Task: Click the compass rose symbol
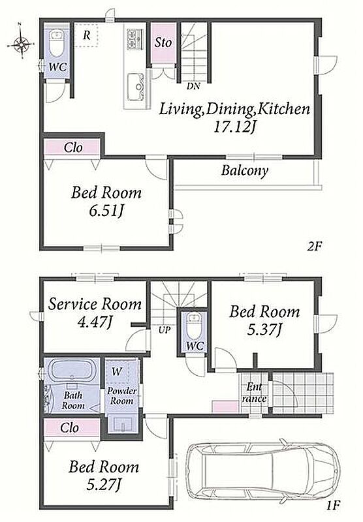click(21, 43)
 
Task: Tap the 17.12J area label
click(234, 127)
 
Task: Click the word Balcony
click(245, 171)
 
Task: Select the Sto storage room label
click(163, 42)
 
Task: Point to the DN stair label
click(193, 87)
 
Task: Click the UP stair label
click(165, 330)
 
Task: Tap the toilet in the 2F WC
click(57, 42)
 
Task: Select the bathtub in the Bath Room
click(72, 370)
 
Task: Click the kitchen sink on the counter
click(136, 87)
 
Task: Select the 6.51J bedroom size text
click(106, 211)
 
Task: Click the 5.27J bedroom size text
click(103, 484)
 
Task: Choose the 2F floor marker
click(315, 247)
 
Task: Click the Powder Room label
click(122, 396)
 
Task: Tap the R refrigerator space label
click(87, 35)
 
